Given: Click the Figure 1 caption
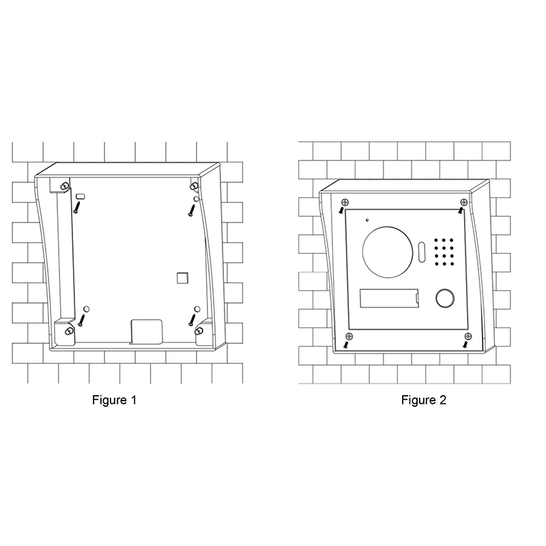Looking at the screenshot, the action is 114,400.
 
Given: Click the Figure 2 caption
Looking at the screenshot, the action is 423,400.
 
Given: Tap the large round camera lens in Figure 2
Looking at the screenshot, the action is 387,252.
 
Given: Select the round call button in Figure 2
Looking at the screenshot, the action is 445,298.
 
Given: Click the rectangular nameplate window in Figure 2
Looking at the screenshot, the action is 389,298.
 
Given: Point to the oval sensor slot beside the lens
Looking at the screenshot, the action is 421,252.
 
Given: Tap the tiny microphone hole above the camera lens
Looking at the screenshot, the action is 367,220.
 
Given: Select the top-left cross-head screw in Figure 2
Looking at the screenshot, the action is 345,202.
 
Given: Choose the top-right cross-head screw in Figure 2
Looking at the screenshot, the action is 464,202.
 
